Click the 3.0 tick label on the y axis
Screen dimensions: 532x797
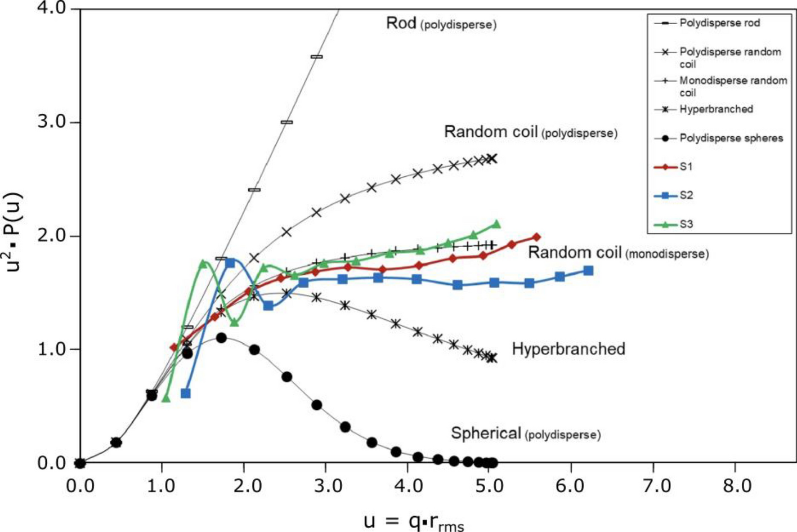point(51,122)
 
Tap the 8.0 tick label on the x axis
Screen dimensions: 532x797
point(737,485)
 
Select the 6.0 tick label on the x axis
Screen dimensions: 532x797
point(571,485)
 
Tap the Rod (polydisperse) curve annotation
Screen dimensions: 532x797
point(441,24)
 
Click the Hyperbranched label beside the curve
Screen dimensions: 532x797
point(568,349)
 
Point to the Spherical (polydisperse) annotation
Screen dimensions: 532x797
point(525,433)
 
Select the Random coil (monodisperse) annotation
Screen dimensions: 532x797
point(617,253)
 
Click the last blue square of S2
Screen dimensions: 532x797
point(588,271)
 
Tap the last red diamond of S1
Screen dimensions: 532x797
point(536,238)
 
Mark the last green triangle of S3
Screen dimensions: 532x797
point(496,224)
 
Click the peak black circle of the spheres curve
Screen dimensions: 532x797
point(221,338)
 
